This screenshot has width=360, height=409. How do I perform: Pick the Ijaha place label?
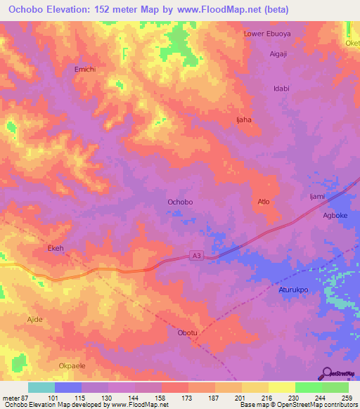(243, 119)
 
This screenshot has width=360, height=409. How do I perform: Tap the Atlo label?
(264, 202)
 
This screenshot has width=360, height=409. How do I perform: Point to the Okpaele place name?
(71, 366)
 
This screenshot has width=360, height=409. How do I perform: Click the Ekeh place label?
(56, 248)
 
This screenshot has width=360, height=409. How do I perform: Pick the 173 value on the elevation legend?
(186, 397)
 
